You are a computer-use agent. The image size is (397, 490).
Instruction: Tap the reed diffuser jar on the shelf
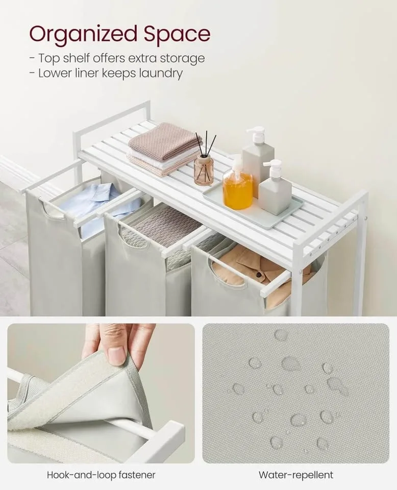[x=204, y=169]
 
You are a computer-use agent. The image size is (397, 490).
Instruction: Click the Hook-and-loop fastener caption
[x=101, y=475]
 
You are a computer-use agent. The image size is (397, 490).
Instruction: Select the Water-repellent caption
[x=295, y=475]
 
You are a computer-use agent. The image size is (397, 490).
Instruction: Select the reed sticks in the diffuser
[x=205, y=143]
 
